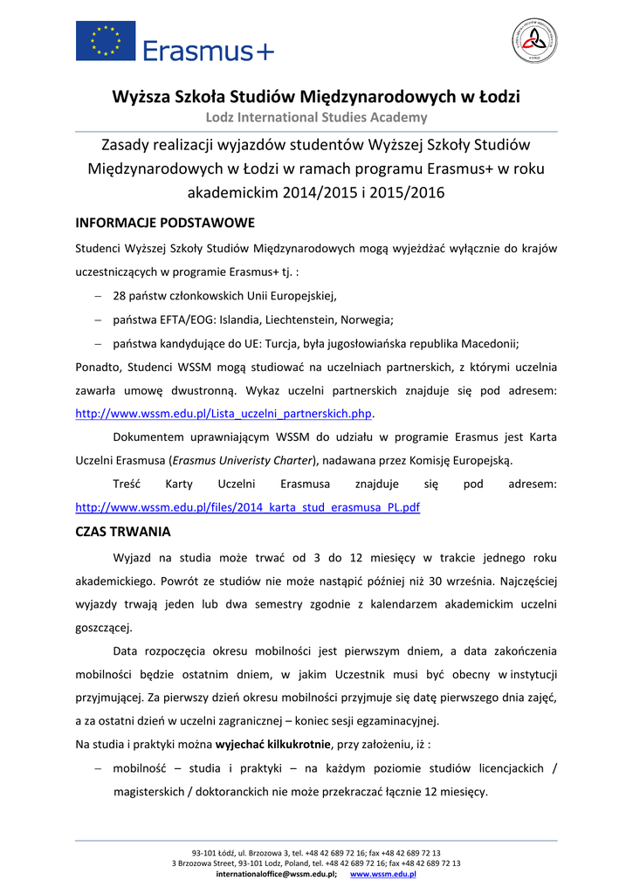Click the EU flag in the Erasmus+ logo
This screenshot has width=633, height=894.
(x=106, y=41)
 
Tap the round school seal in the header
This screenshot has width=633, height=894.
(x=533, y=41)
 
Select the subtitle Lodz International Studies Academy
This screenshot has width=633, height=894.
(x=316, y=117)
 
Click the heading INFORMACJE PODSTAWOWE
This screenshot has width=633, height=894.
(x=165, y=222)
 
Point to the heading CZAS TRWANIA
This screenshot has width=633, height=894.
(x=123, y=531)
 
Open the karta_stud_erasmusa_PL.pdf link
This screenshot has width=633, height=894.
(x=248, y=506)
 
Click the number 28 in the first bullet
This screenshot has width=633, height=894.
(x=120, y=295)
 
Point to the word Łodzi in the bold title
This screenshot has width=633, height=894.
(x=497, y=96)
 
